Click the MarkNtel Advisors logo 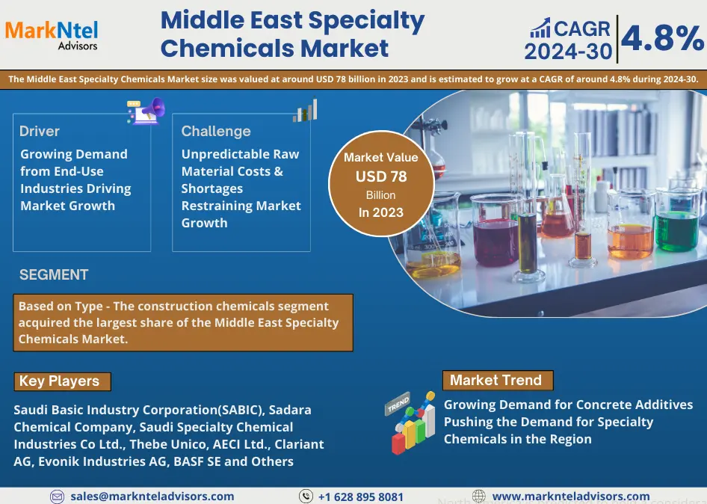point(52,34)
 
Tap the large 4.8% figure point(662,38)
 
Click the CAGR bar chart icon point(540,28)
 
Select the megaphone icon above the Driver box point(146,111)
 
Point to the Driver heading point(39,132)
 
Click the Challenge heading point(216,132)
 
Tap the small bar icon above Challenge point(305,111)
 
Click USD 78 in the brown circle point(381,176)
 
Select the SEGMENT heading point(54,274)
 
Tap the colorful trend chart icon point(410,422)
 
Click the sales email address point(152,497)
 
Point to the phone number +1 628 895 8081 point(361,497)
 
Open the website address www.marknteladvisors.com point(571,497)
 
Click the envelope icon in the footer point(57,497)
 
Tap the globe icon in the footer point(479,497)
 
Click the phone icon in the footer point(306,497)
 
